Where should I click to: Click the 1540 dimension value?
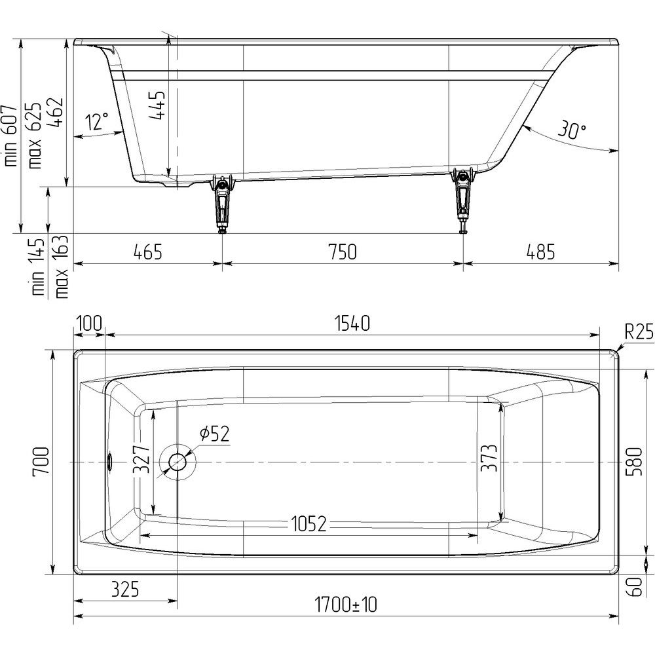tap(352, 324)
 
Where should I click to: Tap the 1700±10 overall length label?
tap(345, 605)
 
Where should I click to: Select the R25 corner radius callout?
tap(639, 333)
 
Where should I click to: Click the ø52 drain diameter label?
tap(215, 434)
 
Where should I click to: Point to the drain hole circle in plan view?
tap(178, 462)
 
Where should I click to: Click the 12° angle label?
tap(97, 122)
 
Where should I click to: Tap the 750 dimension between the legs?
tap(343, 252)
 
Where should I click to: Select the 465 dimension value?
tap(148, 252)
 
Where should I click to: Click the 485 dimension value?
tap(540, 252)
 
